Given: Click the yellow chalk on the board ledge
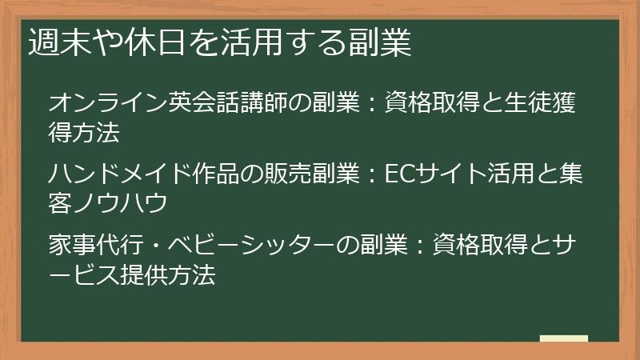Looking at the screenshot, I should tap(563, 338).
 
